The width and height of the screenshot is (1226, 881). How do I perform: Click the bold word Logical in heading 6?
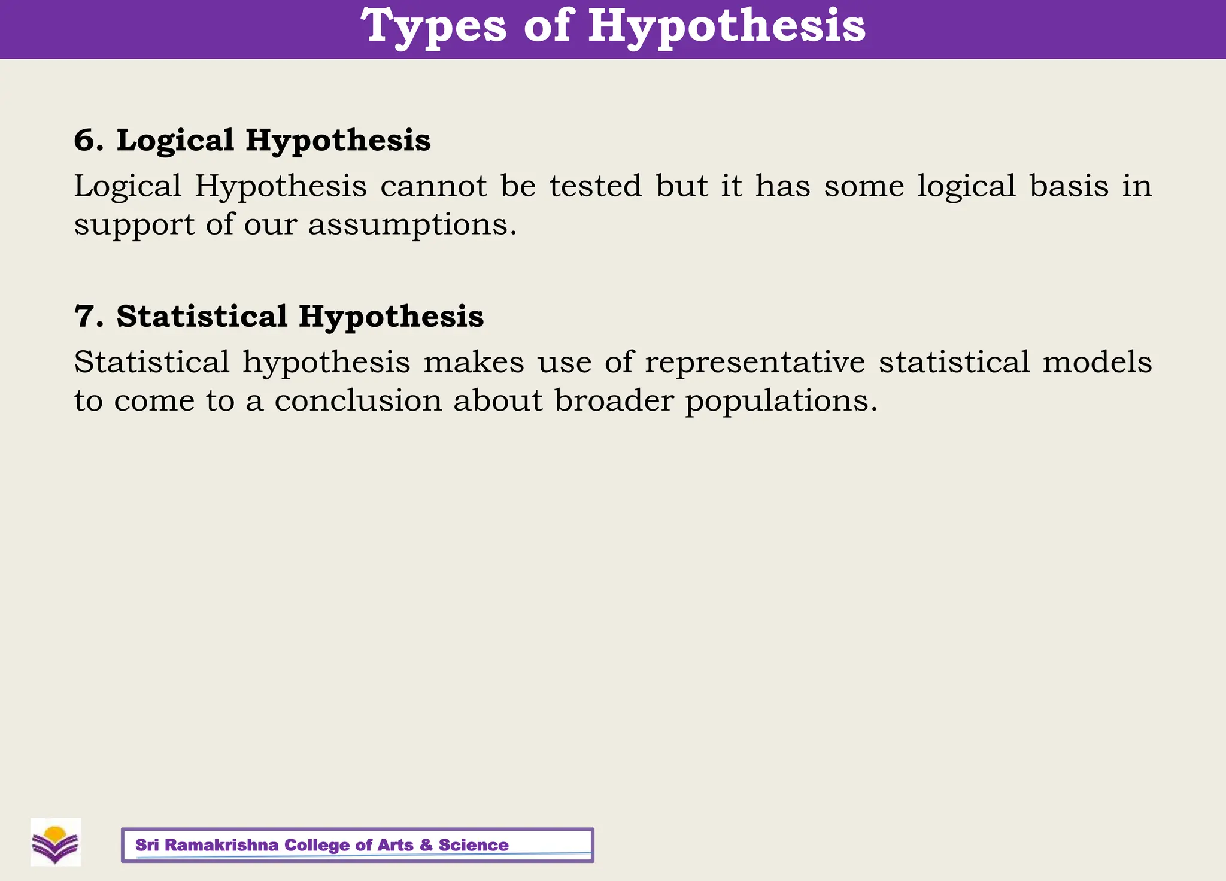tap(175, 141)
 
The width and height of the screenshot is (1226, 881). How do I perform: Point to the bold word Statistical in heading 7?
tap(202, 316)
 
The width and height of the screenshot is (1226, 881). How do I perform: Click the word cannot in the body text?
tap(433, 186)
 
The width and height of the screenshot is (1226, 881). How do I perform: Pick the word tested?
tap(596, 186)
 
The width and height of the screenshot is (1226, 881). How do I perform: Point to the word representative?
tap(755, 363)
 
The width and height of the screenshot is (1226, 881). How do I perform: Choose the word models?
tap(1097, 361)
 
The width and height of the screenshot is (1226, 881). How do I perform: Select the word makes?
tap(474, 361)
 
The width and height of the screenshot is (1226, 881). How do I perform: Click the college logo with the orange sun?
tap(56, 842)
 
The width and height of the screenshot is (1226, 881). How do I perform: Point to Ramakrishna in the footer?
tap(221, 845)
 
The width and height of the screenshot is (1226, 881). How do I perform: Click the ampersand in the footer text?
tap(426, 845)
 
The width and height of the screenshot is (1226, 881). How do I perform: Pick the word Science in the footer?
tap(474, 845)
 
